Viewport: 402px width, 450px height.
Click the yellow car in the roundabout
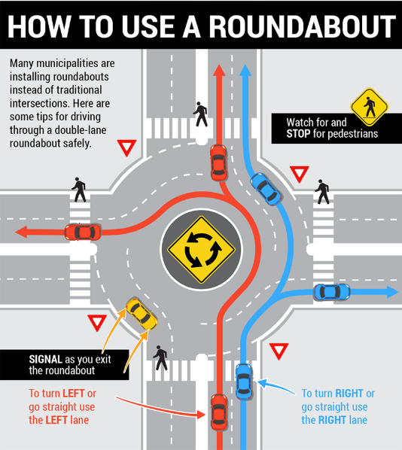pyautogui.click(x=141, y=314)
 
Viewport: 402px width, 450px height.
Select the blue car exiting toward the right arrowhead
pyautogui.click(x=331, y=291)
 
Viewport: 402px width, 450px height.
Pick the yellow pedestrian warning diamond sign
pyautogui.click(x=368, y=107)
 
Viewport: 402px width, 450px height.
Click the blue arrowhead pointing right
pyautogui.click(x=393, y=292)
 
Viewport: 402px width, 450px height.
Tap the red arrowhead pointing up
pyautogui.click(x=218, y=70)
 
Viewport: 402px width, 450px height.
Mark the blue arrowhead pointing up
pyautogui.click(x=244, y=71)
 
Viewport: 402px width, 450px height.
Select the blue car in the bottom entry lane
pyautogui.click(x=243, y=381)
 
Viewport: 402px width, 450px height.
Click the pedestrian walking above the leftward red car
pyautogui.click(x=78, y=189)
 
